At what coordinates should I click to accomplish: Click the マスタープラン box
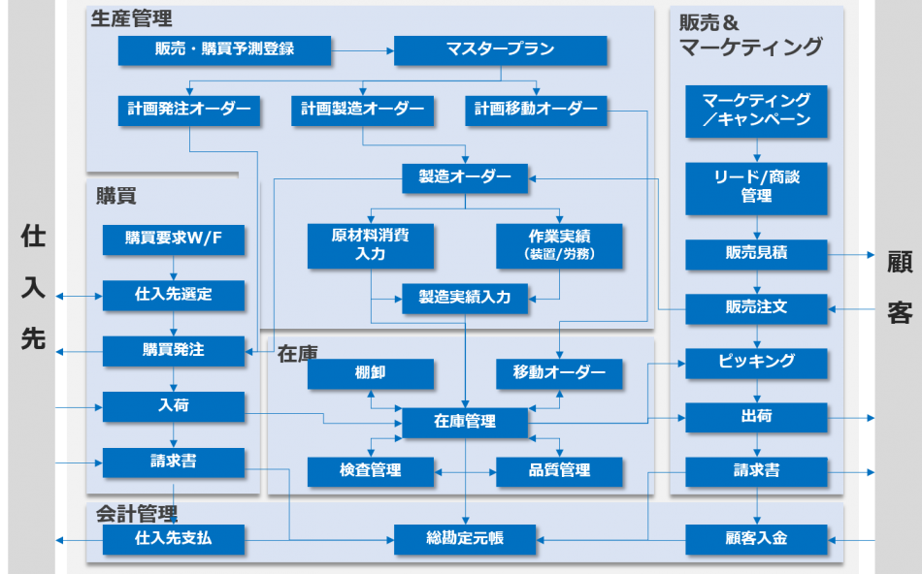coord(500,50)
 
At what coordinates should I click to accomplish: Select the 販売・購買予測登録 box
coord(224,50)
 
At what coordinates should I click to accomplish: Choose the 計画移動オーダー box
coord(536,111)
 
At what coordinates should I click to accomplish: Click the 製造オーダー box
coord(465,178)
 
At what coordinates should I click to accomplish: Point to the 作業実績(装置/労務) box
coord(559,245)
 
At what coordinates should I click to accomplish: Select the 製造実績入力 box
coord(465,298)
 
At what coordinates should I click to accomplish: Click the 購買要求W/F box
coord(174,239)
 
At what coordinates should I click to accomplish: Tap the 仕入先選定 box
coord(174,295)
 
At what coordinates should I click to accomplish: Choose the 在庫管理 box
coord(465,422)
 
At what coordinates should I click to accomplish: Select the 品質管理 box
coord(559,471)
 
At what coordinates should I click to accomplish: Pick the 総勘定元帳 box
coord(465,538)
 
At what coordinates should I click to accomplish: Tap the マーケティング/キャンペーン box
coord(756,111)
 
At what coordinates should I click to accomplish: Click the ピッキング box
coord(756,363)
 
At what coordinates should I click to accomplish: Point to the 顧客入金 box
coord(756,538)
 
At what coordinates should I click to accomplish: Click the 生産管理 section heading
coord(131,18)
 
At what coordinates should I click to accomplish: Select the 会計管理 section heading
coord(136,513)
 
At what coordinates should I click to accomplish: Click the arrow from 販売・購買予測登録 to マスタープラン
coord(362,50)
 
